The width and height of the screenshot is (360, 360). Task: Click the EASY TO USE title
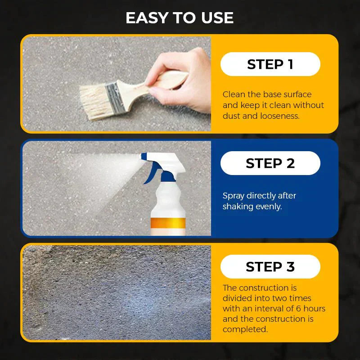(x=180, y=18)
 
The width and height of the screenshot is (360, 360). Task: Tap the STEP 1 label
(x=270, y=64)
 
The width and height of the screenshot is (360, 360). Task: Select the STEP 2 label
(x=270, y=163)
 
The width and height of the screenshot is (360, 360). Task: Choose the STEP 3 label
(x=270, y=267)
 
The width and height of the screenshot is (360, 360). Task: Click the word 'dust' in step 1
(x=232, y=116)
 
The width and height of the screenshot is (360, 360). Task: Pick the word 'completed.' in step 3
(x=245, y=329)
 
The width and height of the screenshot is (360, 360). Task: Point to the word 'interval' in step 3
(x=267, y=309)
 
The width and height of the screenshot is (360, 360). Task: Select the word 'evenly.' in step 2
(x=269, y=207)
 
